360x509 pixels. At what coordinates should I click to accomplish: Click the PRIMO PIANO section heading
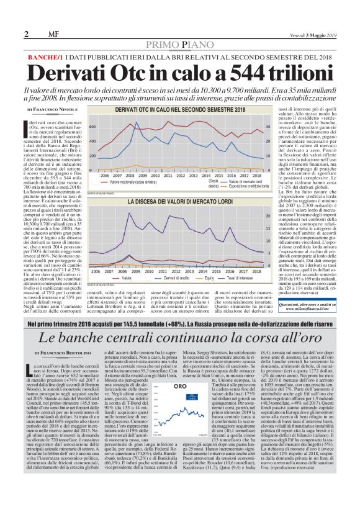point(179,43)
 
